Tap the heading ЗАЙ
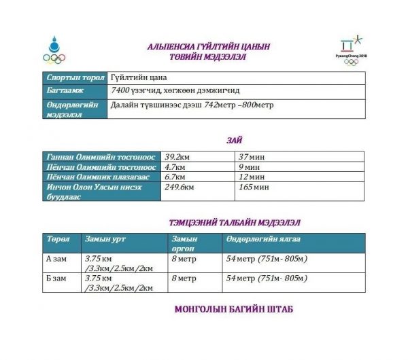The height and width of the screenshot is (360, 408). pyautogui.click(x=235, y=139)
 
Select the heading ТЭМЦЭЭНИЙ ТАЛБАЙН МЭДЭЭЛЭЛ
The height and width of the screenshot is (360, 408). pyautogui.click(x=234, y=222)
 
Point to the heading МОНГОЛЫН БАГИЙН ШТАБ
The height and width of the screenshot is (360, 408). pyautogui.click(x=234, y=310)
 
